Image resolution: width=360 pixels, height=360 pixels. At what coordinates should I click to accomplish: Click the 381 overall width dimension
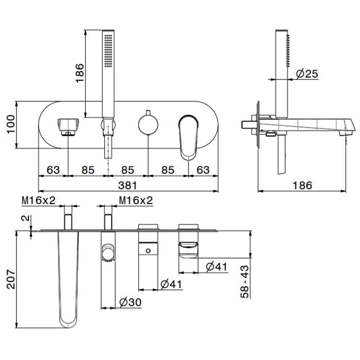tap(128, 185)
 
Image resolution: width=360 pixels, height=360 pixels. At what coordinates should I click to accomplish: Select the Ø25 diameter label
tap(307, 74)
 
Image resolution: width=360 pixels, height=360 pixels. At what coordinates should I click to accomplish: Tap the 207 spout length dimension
tap(11, 279)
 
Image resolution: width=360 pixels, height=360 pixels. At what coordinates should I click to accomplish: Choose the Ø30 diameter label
tap(130, 302)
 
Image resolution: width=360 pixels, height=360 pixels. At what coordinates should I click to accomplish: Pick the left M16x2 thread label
tap(39, 201)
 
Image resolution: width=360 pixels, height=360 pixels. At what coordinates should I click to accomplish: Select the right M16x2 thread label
tap(136, 201)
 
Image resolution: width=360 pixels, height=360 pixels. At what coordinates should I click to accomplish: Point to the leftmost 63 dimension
tap(53, 170)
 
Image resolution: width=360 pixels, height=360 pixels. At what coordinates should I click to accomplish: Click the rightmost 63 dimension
tap(203, 170)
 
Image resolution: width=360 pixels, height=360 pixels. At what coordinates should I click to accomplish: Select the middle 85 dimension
tap(128, 170)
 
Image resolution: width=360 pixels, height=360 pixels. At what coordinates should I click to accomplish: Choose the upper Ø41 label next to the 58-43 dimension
tap(216, 267)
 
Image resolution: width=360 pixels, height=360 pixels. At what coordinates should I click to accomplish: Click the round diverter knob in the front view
tap(148, 124)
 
